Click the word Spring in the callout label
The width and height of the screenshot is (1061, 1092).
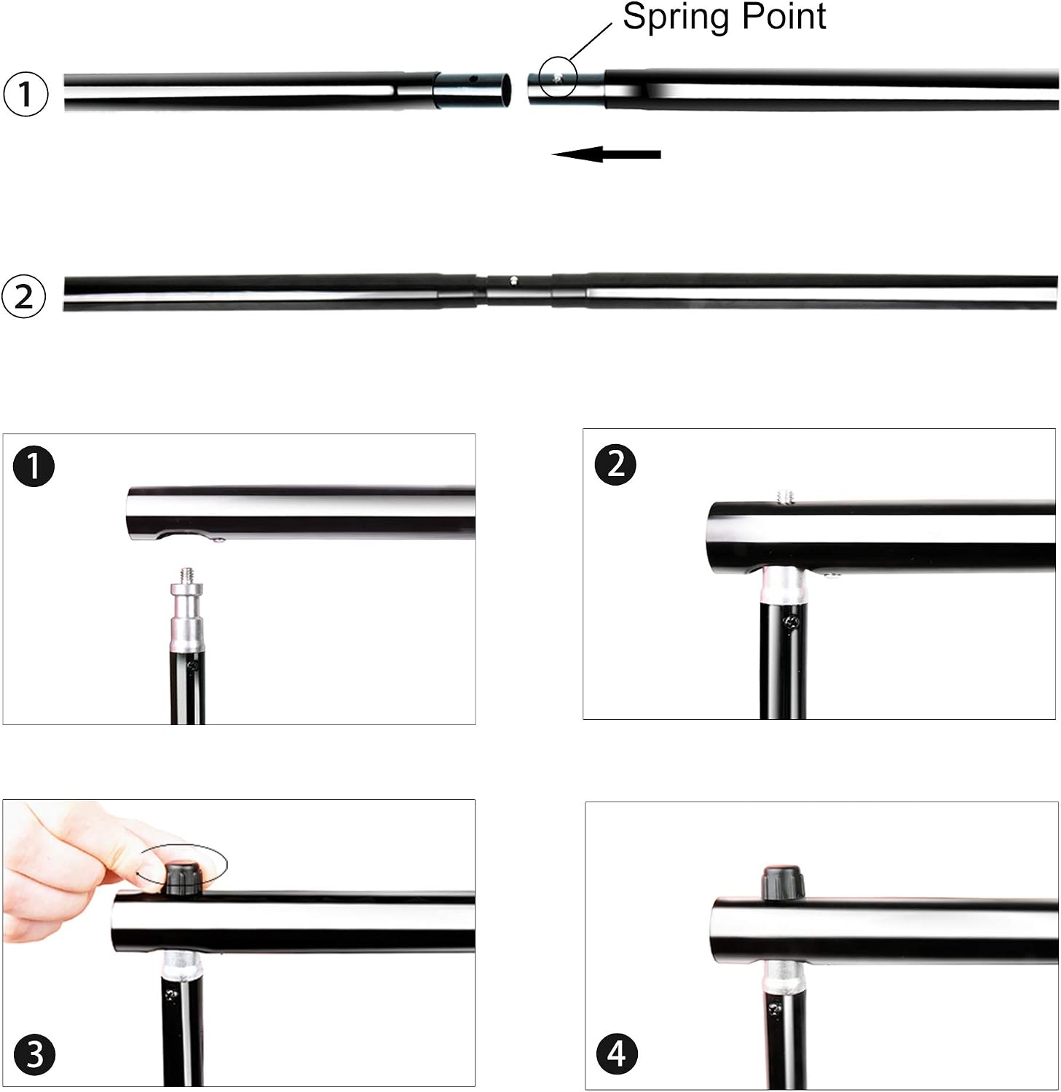pyautogui.click(x=674, y=17)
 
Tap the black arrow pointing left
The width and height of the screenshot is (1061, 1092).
pyautogui.click(x=606, y=154)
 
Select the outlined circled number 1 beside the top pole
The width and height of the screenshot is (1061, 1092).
pyautogui.click(x=25, y=94)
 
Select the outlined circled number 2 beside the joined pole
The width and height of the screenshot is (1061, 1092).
pyautogui.click(x=24, y=296)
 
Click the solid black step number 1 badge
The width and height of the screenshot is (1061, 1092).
pyautogui.click(x=33, y=467)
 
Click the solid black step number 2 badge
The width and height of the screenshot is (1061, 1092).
pyautogui.click(x=615, y=464)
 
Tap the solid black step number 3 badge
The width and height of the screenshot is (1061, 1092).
pyautogui.click(x=34, y=1055)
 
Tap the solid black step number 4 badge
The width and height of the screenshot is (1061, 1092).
pyautogui.click(x=617, y=1053)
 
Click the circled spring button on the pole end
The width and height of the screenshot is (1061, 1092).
pyautogui.click(x=557, y=77)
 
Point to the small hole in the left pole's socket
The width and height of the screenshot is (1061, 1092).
pyautogui.click(x=473, y=78)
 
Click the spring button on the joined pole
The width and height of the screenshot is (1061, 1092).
pyautogui.click(x=514, y=280)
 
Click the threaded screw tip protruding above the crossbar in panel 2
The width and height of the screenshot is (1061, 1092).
pyautogui.click(x=785, y=496)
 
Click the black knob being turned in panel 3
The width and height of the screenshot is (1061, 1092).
pyautogui.click(x=182, y=877)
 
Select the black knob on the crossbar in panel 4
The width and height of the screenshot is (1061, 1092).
pyautogui.click(x=784, y=884)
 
